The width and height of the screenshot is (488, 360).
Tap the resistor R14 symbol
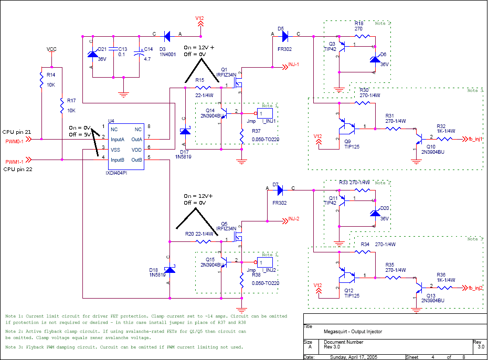click(41, 80)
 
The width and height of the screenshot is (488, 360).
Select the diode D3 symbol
click(167, 36)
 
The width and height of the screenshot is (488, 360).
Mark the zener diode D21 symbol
click(92, 54)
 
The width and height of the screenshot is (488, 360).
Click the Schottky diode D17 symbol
click(185, 131)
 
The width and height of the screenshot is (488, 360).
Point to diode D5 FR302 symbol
click(285, 36)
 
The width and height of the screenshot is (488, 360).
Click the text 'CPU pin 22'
click(17, 170)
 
